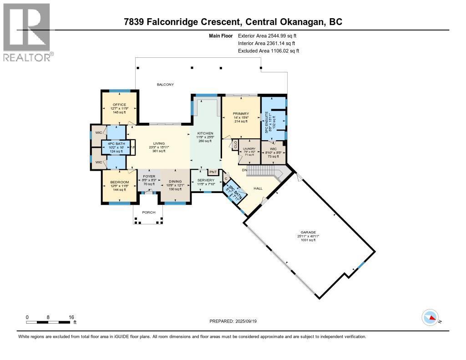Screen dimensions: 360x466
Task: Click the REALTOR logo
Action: (x=27, y=32)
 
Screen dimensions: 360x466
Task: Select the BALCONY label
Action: (x=165, y=85)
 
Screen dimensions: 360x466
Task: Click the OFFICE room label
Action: (x=119, y=105)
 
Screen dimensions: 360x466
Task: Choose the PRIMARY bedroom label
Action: (x=240, y=114)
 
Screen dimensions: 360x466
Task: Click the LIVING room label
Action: (x=159, y=143)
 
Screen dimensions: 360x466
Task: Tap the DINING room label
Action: (x=175, y=181)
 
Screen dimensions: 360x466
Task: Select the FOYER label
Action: (x=149, y=177)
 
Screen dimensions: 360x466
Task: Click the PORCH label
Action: (x=148, y=213)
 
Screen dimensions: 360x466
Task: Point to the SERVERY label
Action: (x=206, y=180)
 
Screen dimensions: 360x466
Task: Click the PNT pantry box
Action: (x=213, y=172)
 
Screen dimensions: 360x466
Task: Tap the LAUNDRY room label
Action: (x=249, y=148)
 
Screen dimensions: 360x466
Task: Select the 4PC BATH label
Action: (x=111, y=144)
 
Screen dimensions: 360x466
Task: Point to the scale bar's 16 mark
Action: (x=71, y=317)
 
